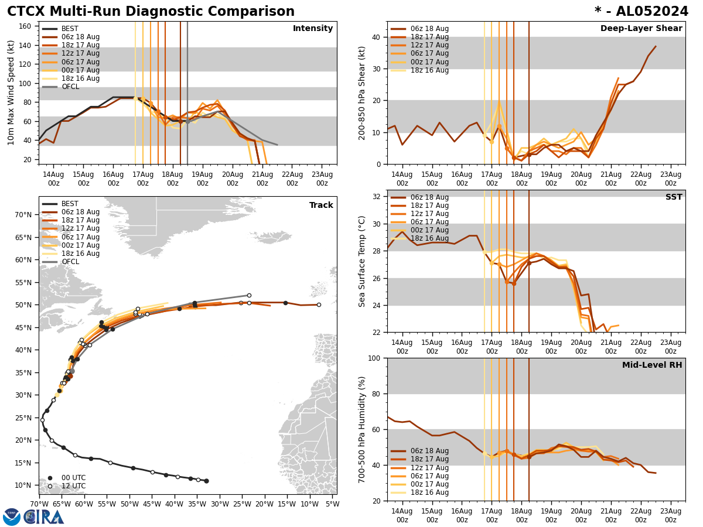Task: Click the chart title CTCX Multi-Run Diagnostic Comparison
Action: coord(151,12)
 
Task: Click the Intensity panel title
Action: coord(313,29)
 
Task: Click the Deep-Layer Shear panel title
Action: coord(641,29)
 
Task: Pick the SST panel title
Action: coord(674,197)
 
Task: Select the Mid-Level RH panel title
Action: coord(652,365)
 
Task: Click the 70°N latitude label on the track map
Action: coord(23,215)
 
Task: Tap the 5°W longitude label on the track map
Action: coord(332,504)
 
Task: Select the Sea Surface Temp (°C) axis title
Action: coord(363,261)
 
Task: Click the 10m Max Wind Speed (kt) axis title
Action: coord(12,93)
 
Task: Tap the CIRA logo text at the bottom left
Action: coord(44,516)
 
